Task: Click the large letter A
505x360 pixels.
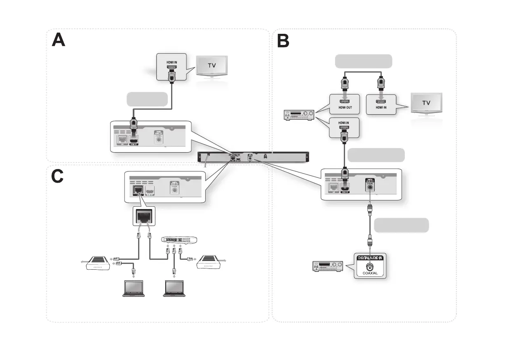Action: click(59, 40)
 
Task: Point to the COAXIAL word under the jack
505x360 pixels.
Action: click(370, 273)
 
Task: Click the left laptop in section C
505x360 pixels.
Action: click(130, 288)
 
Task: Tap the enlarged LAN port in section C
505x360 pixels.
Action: click(142, 215)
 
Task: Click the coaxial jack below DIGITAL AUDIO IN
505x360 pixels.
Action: click(370, 266)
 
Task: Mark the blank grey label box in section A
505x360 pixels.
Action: click(147, 99)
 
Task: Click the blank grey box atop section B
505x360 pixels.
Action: click(363, 61)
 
